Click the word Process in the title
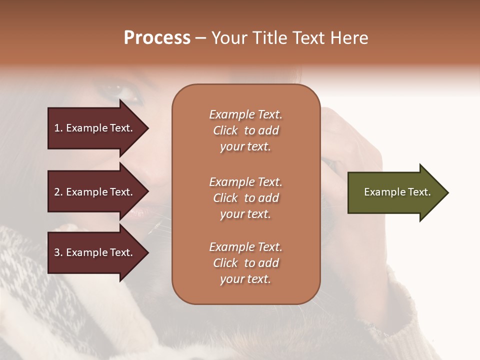click(x=157, y=38)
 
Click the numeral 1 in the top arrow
click(x=57, y=128)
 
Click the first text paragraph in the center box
click(x=245, y=130)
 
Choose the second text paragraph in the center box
click(x=245, y=198)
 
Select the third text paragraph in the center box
click(x=245, y=263)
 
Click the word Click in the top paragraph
click(x=225, y=130)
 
